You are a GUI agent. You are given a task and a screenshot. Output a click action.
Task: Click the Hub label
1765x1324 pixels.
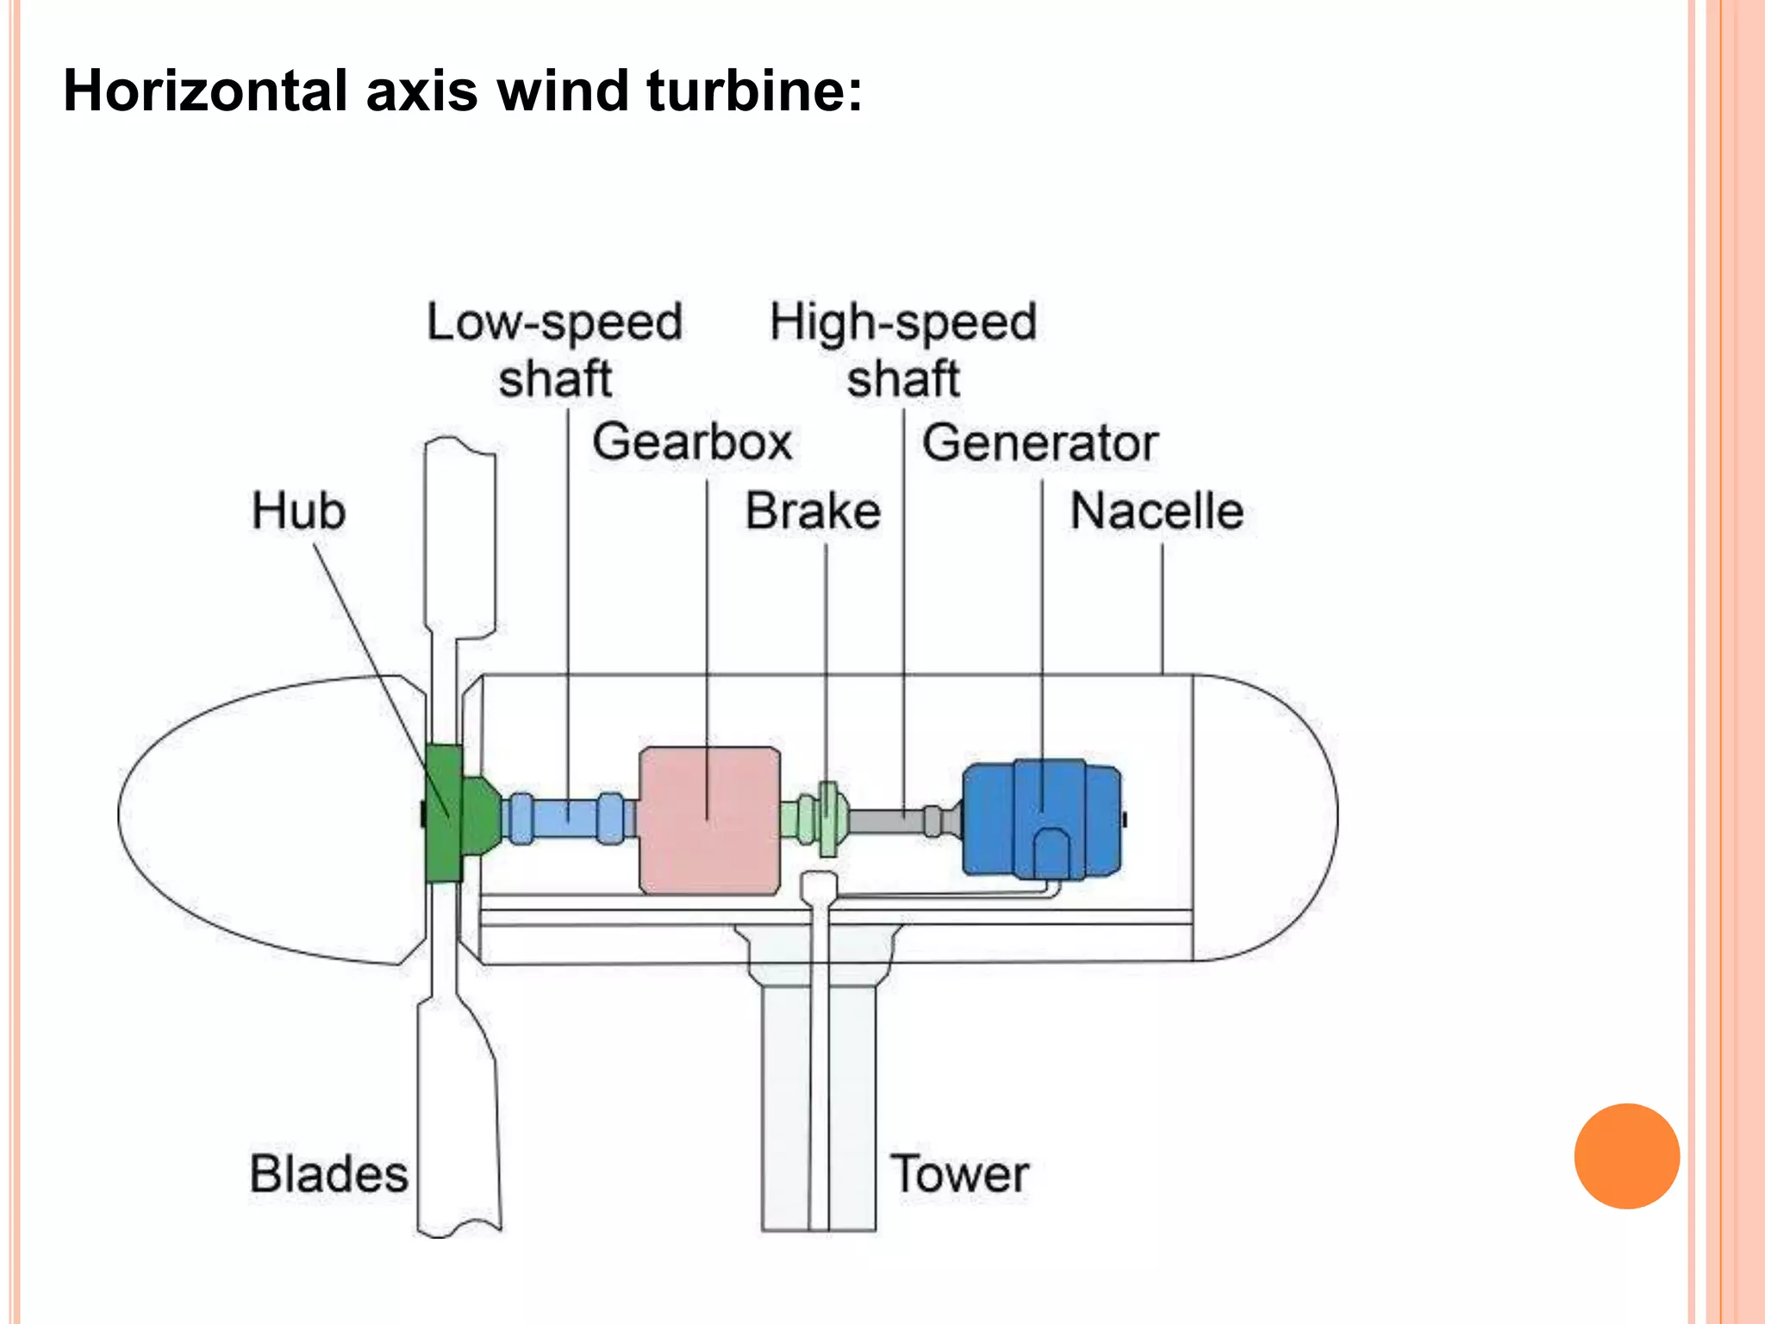(298, 510)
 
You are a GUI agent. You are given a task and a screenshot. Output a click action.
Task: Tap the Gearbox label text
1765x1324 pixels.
(692, 442)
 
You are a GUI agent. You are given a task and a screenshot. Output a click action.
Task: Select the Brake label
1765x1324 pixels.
(813, 510)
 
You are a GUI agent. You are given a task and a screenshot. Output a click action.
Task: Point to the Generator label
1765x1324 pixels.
(1039, 442)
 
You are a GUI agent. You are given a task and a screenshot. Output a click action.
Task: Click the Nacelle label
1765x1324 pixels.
(1157, 510)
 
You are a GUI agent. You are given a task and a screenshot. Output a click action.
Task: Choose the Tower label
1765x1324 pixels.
(959, 1174)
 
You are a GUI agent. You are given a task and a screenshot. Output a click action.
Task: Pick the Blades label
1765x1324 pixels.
(328, 1174)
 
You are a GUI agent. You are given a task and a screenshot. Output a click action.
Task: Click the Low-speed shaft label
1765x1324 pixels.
(555, 349)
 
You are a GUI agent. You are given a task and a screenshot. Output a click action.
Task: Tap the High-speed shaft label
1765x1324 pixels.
(902, 349)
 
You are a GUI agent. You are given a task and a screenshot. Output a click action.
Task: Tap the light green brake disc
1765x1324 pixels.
(827, 819)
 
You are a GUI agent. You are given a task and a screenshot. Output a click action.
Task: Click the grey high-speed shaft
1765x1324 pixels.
(888, 820)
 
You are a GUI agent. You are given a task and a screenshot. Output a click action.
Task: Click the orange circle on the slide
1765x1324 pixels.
(1626, 1156)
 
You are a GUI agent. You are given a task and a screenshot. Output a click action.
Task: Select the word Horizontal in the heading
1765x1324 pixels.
(204, 91)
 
